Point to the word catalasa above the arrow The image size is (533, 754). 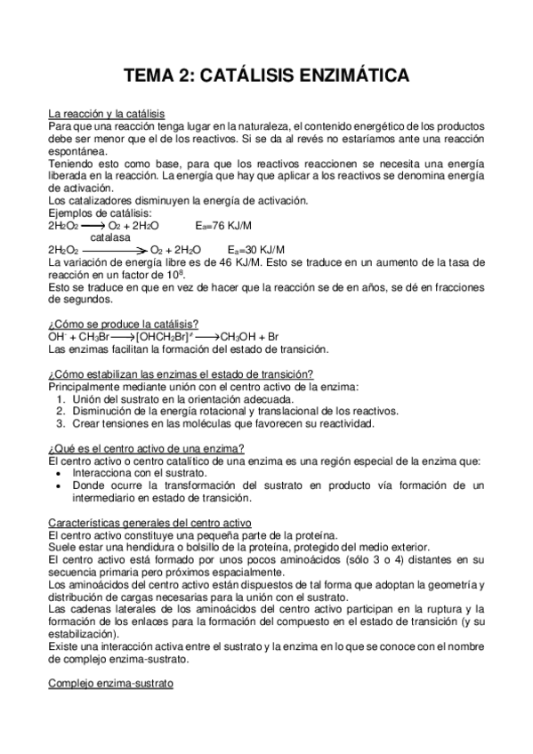pyautogui.click(x=110, y=238)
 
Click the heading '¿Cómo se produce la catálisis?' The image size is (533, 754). pyautogui.click(x=124, y=325)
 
